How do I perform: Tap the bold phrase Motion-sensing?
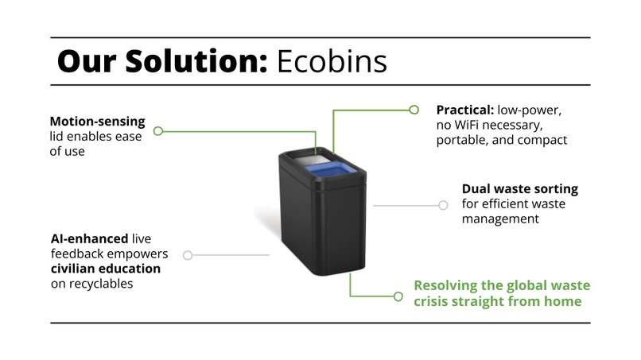pyautogui.click(x=97, y=122)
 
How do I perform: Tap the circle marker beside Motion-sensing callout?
pyautogui.click(x=158, y=130)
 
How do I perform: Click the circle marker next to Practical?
pyautogui.click(x=414, y=110)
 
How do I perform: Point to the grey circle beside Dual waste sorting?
pyautogui.click(x=443, y=204)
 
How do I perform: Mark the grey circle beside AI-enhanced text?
pyautogui.click(x=188, y=255)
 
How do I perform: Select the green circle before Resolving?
pyautogui.click(x=398, y=296)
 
